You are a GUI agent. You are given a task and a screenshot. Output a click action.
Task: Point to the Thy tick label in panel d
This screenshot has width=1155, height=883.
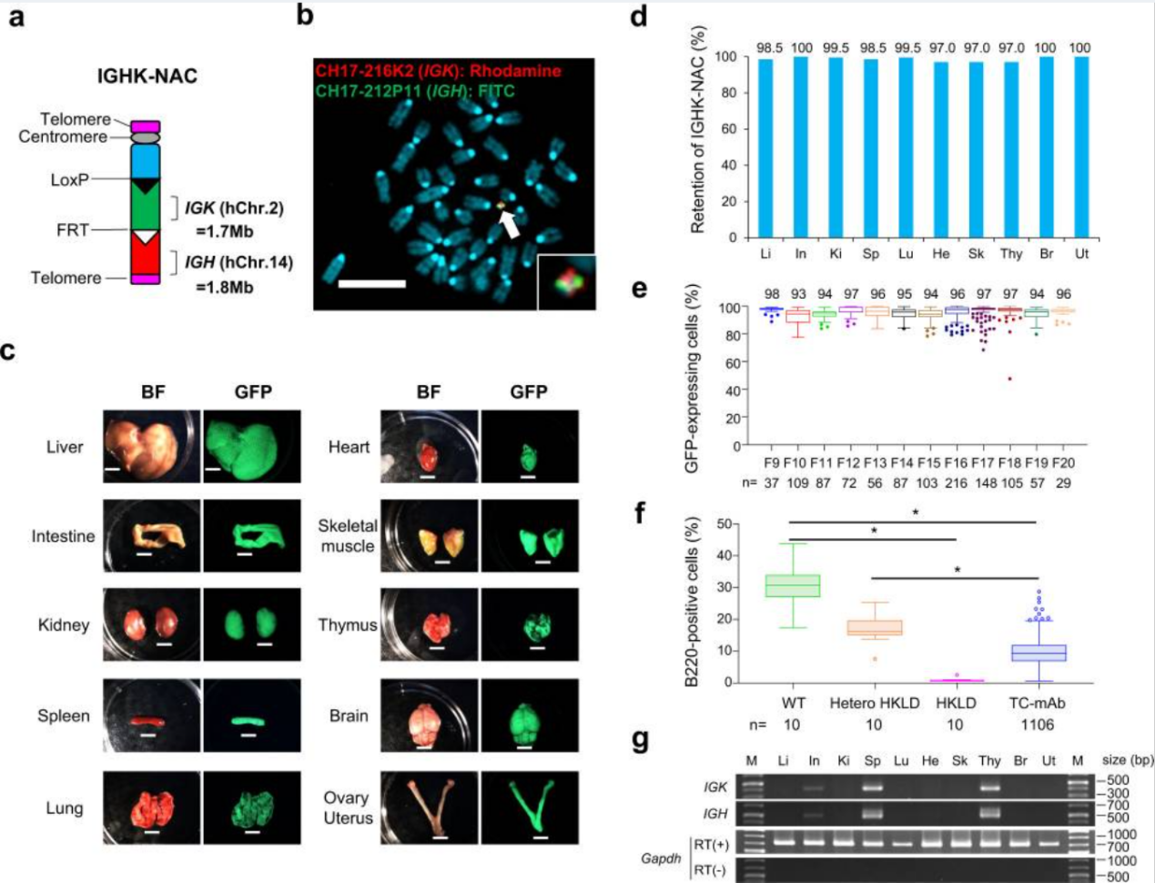[x=1011, y=254]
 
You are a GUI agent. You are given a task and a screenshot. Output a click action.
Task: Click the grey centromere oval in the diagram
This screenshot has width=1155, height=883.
[x=146, y=137]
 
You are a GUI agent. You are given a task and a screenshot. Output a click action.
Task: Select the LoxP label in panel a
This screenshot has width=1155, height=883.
[x=70, y=179]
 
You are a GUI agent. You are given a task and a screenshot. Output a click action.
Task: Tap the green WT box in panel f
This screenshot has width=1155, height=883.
[x=793, y=585]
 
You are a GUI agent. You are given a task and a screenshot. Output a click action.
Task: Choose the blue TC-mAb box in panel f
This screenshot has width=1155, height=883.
[x=1039, y=653]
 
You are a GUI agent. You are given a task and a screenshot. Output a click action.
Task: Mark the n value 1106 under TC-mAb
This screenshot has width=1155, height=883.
[x=1038, y=726]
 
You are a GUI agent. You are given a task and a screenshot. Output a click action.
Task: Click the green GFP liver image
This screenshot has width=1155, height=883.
[x=249, y=447]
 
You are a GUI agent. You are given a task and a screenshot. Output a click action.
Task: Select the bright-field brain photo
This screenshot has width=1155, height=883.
[x=428, y=715]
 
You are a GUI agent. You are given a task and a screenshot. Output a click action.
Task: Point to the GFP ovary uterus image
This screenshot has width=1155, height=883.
[x=529, y=807]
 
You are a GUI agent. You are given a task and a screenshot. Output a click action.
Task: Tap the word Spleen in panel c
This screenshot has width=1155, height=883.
[x=64, y=716]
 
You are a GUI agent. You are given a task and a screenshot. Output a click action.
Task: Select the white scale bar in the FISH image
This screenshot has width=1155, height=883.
[x=371, y=284]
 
